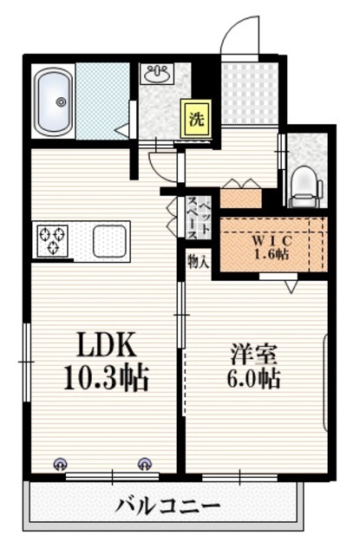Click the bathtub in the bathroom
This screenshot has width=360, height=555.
click(x=54, y=102)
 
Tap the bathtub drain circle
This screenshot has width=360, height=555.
click(x=62, y=102)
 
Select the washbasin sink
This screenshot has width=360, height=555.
click(x=158, y=74)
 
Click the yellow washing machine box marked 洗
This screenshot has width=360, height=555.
click(x=196, y=119)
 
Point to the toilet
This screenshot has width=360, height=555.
click(x=305, y=187)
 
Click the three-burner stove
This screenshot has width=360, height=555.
click(x=53, y=240)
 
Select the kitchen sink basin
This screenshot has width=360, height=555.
click(x=109, y=241)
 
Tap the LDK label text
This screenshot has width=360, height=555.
click(x=107, y=345)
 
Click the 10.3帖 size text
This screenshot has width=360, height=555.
click(x=106, y=378)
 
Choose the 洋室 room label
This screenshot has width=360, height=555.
click(x=253, y=354)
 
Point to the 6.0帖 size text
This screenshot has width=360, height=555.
click(x=253, y=378)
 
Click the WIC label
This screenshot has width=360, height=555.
click(x=272, y=241)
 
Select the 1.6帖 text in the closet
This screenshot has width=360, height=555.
click(x=272, y=254)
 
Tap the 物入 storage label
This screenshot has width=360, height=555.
click(x=199, y=262)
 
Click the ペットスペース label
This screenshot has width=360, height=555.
click(x=199, y=218)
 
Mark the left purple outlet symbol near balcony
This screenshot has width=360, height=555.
click(x=60, y=464)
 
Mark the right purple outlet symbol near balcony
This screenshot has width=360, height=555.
click(x=144, y=464)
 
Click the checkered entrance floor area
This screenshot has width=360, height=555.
click(x=250, y=93)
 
